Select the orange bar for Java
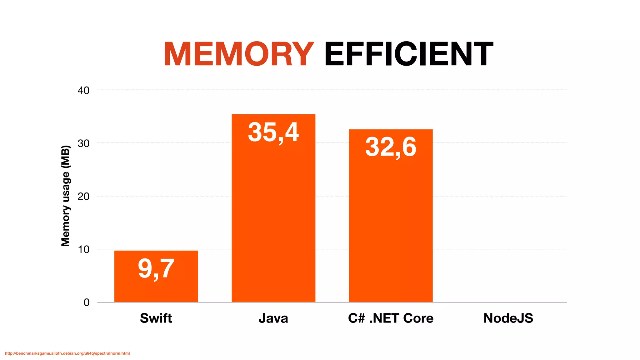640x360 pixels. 273,219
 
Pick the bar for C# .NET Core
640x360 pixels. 391,225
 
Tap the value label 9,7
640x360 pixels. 156,269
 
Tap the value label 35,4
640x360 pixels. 273,132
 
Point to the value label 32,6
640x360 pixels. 391,147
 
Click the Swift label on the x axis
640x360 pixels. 156,318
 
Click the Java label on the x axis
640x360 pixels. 273,318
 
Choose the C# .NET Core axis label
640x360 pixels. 391,318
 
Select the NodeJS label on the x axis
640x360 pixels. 508,318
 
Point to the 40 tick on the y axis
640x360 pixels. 83,91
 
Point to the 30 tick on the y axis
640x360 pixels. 83,143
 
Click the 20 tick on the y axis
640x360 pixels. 83,197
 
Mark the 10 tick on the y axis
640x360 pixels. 83,249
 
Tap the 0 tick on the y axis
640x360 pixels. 87,302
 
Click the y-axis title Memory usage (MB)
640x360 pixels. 65,196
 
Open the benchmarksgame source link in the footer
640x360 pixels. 67,353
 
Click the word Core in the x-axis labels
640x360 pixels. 418,318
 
